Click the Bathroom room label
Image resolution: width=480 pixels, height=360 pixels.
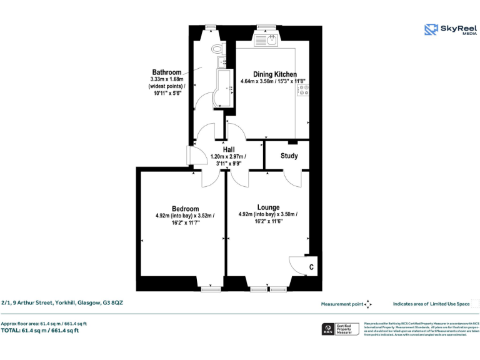[x=167, y=72]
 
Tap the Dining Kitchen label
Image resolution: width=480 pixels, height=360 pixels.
[x=274, y=74]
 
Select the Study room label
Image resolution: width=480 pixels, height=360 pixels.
[x=289, y=156]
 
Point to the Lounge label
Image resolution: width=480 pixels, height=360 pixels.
[x=268, y=207]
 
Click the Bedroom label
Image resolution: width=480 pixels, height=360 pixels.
[x=185, y=209]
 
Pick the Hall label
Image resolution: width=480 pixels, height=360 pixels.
[x=229, y=150]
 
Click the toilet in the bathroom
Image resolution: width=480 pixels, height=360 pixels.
[x=217, y=48]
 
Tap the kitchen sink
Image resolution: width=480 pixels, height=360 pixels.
[x=270, y=41]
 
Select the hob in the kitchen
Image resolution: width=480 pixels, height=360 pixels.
[x=302, y=89]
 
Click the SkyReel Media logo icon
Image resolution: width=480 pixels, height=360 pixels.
[x=431, y=29]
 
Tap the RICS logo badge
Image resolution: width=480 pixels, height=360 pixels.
[x=327, y=329]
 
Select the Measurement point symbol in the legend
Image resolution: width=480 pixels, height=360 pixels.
[x=368, y=304]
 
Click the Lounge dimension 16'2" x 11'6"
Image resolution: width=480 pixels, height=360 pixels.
[x=268, y=221]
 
